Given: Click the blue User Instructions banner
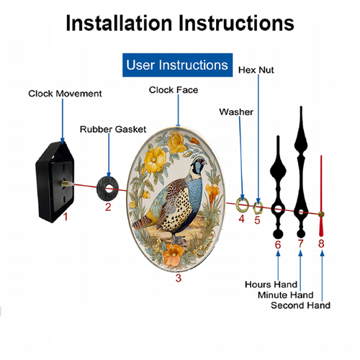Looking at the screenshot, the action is tap(177, 65).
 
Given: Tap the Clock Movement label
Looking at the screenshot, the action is tap(65, 94).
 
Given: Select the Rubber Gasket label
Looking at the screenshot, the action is tap(113, 130).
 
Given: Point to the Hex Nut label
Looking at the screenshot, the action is tap(256, 70).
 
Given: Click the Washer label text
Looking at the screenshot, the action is tap(236, 112).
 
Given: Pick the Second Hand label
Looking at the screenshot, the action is tap(300, 305).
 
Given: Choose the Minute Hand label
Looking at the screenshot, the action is tap(286, 294).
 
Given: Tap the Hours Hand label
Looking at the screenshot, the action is tap(271, 284).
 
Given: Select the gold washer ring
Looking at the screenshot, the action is tap(242, 210).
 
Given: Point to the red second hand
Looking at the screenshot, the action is tap(321, 196).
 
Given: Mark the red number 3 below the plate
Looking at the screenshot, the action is tap(179, 278).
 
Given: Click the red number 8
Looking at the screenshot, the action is tap(321, 243).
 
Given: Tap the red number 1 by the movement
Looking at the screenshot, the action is tap(66, 217).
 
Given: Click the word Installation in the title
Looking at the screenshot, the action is tap(119, 23).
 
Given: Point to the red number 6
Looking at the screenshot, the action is tap(278, 245).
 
